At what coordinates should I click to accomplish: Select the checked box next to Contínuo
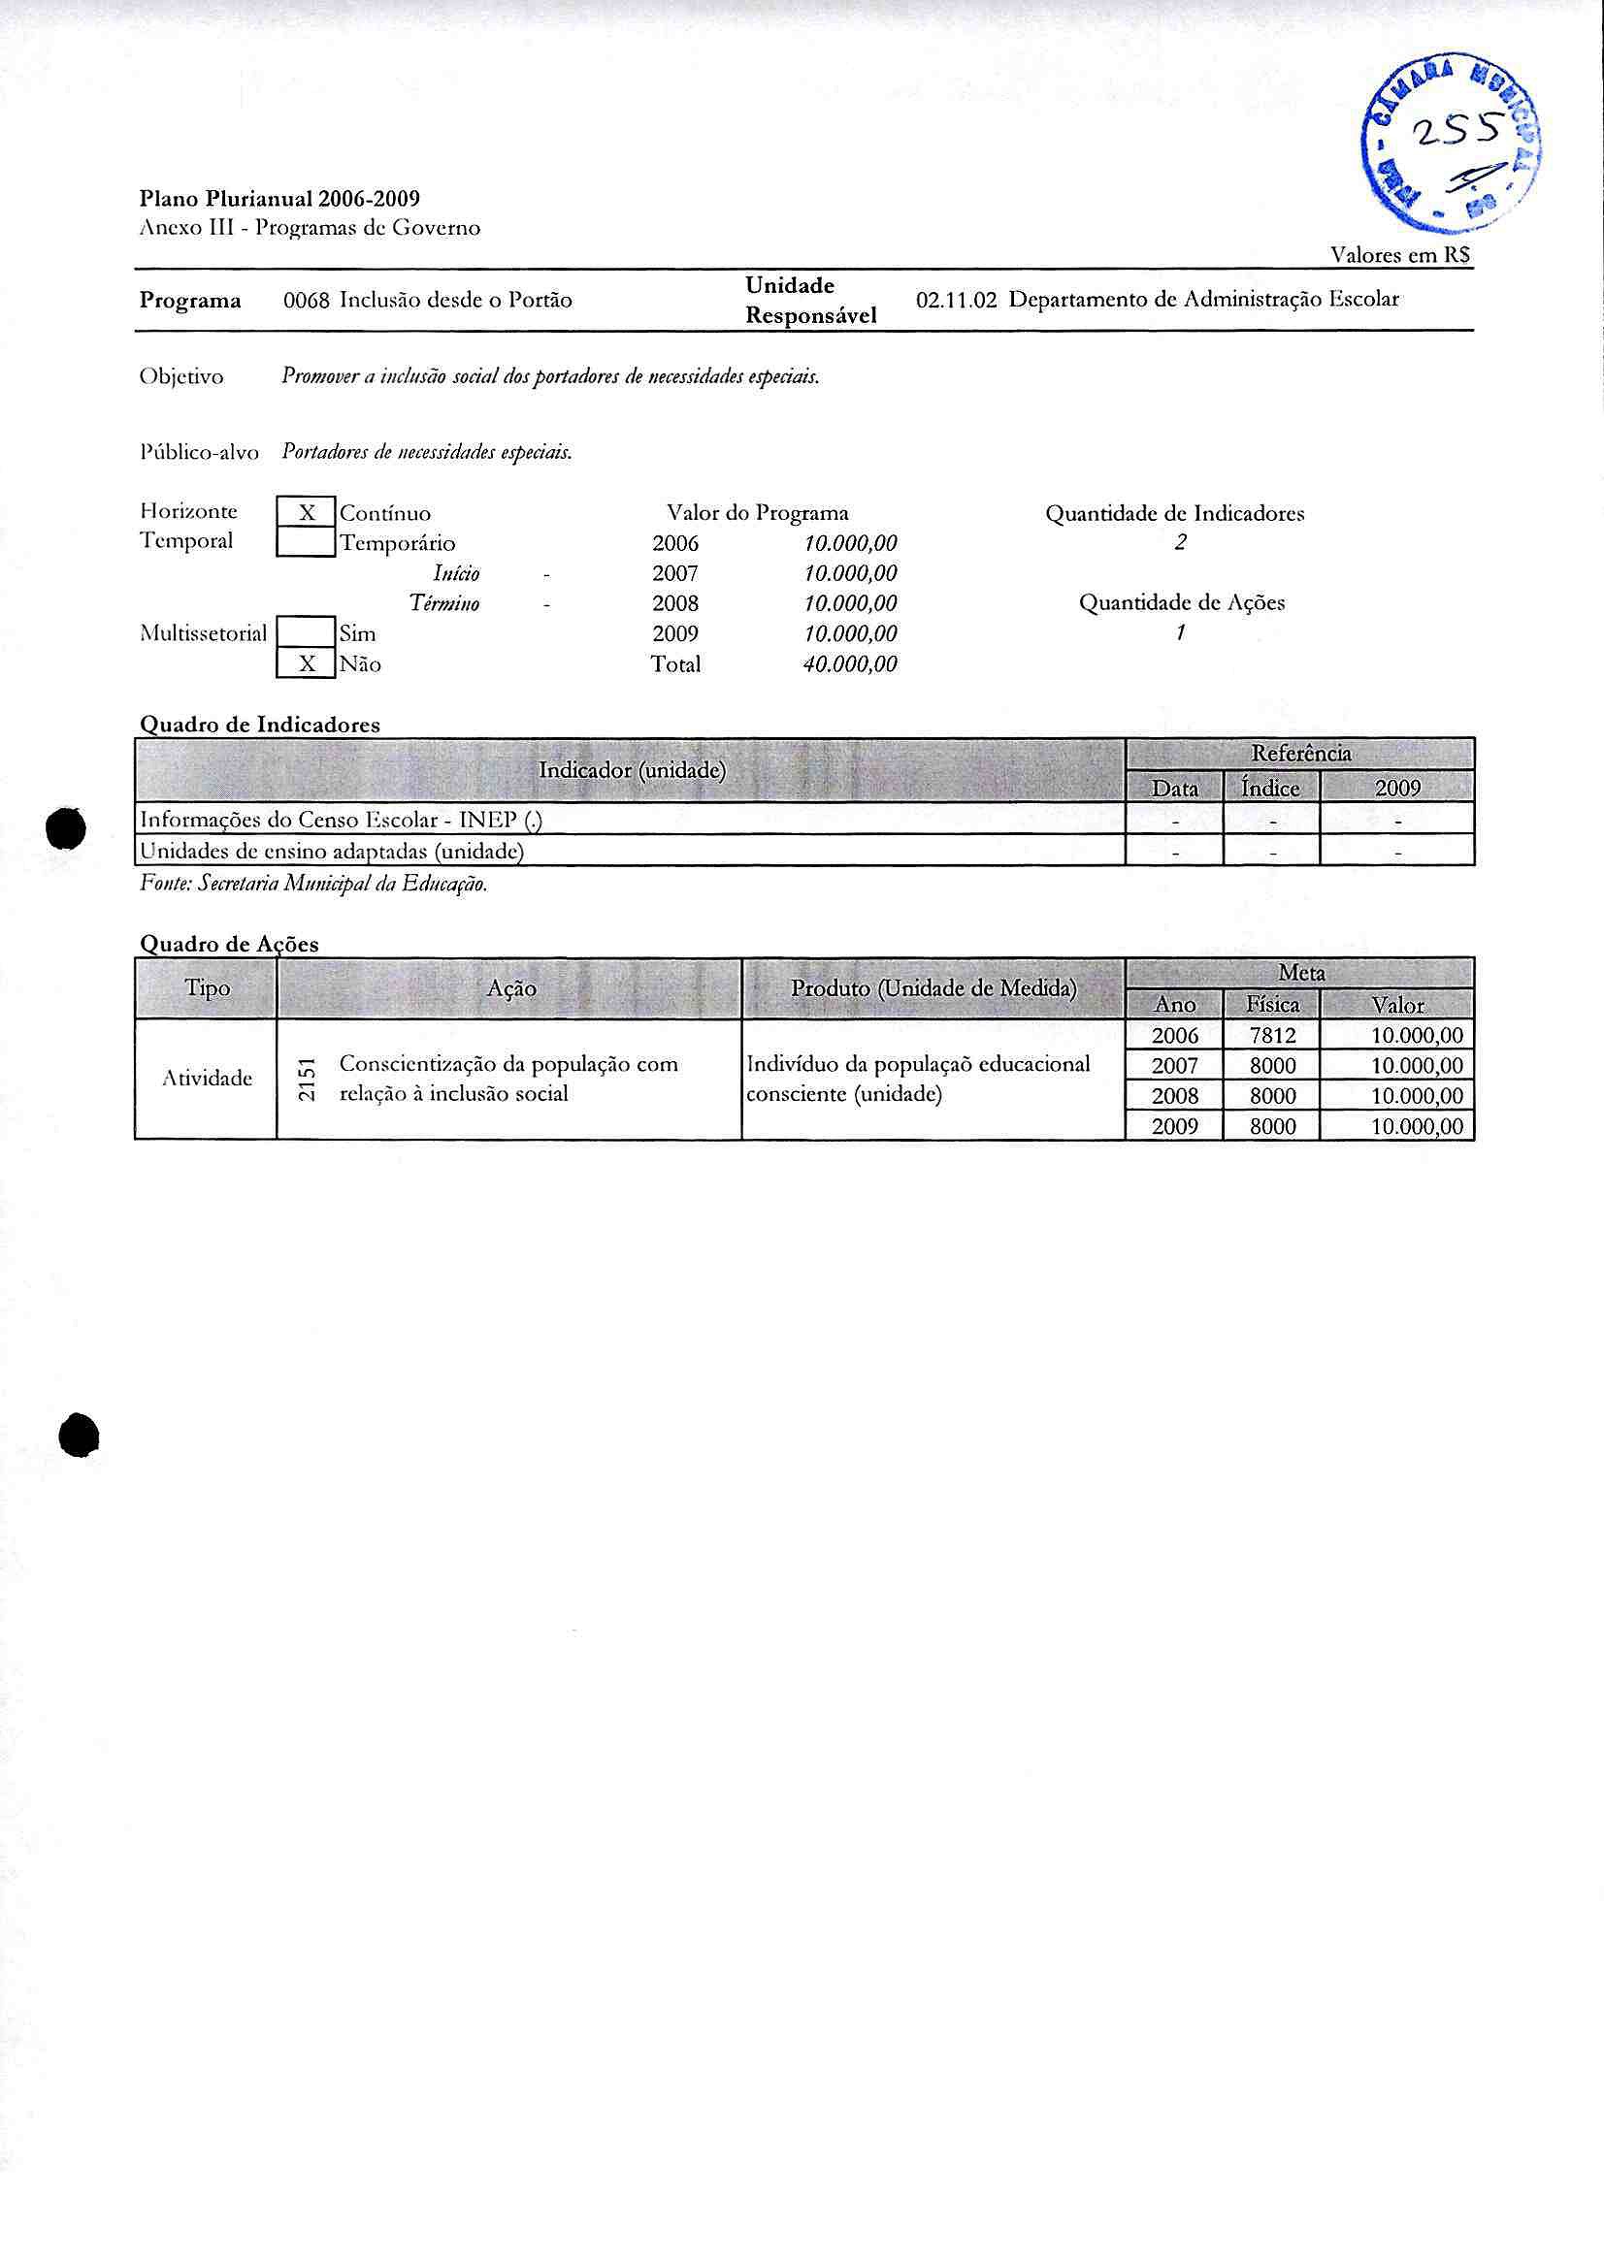click(x=307, y=512)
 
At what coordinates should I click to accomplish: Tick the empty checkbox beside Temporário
click(x=307, y=542)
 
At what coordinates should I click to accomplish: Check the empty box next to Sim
click(x=307, y=632)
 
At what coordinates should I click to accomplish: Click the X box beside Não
click(x=307, y=663)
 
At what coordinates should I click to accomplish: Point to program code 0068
click(x=306, y=300)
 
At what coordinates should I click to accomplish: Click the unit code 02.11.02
click(x=956, y=300)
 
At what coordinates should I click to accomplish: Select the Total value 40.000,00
click(x=850, y=664)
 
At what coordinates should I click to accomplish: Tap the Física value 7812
click(x=1271, y=1035)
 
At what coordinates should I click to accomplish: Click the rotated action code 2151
click(x=308, y=1080)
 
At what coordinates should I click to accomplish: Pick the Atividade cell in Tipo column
click(x=207, y=1079)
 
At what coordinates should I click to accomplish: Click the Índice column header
click(x=1270, y=788)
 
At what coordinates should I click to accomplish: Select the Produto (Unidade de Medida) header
click(x=933, y=988)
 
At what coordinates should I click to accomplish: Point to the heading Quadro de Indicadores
click(x=260, y=724)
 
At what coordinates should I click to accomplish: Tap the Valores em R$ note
click(x=1399, y=255)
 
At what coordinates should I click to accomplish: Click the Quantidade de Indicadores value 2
click(x=1179, y=542)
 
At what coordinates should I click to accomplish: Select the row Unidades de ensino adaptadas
click(x=332, y=850)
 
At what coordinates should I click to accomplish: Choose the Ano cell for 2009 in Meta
click(x=1174, y=1125)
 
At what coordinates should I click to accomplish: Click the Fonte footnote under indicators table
click(x=314, y=884)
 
